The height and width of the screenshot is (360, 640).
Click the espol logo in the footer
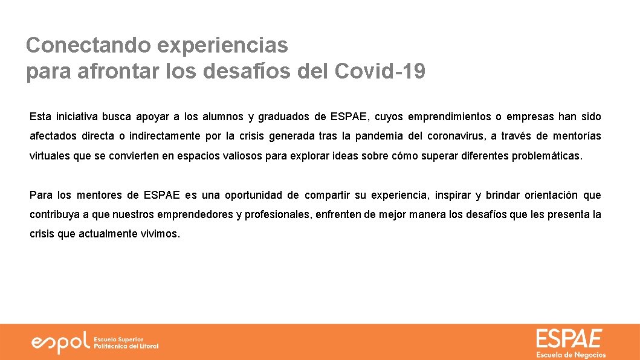click(x=60, y=342)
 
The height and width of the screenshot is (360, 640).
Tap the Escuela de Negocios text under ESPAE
click(x=571, y=355)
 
